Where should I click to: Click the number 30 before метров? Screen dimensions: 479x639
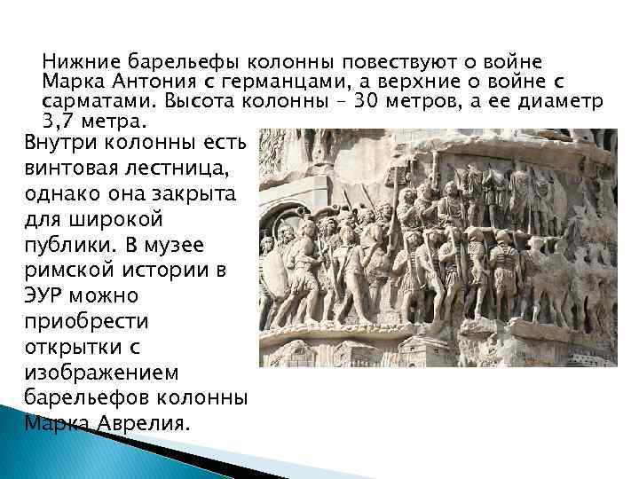(365, 101)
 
